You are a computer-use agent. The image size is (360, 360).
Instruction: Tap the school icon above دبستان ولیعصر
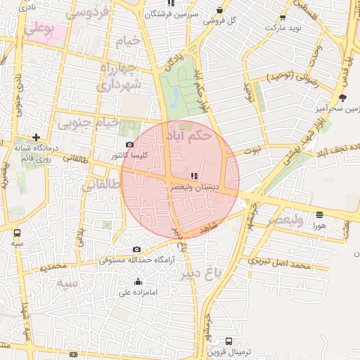click(x=194, y=176)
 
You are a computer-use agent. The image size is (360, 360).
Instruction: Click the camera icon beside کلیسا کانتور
click(x=129, y=144)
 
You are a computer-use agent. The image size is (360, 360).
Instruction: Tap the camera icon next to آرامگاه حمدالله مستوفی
click(x=136, y=250)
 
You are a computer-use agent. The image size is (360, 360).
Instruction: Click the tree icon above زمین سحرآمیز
click(x=342, y=98)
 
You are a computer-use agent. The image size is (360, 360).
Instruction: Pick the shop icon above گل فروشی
click(x=220, y=11)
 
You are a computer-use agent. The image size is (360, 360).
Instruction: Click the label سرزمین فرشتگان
click(x=172, y=14)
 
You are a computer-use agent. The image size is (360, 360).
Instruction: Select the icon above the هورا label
click(x=320, y=214)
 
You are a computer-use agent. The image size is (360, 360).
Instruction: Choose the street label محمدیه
click(x=53, y=268)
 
